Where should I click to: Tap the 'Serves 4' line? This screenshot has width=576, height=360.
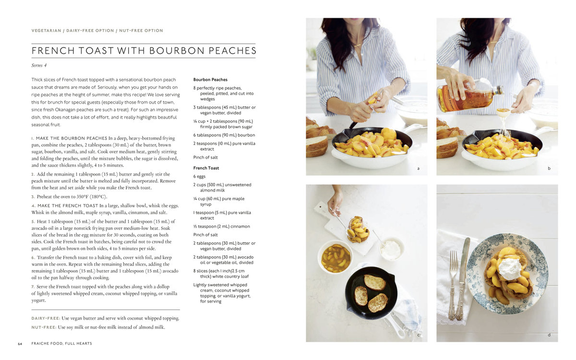point(39,65)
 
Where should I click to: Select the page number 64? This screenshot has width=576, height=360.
point(20,344)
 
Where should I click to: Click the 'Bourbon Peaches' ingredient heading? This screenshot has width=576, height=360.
point(210,80)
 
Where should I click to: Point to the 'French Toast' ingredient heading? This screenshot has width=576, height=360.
point(206,168)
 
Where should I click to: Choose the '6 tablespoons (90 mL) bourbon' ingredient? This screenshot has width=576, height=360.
point(224,135)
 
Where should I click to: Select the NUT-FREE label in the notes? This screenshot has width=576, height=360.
point(44,327)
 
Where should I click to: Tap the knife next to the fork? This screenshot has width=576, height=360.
point(463,278)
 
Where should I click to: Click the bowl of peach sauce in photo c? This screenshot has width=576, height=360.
point(335,257)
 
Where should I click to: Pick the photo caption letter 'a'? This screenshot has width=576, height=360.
point(419,168)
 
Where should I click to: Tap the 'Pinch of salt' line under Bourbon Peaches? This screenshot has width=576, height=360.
point(205,157)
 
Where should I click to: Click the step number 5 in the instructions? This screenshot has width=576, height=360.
point(33,221)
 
